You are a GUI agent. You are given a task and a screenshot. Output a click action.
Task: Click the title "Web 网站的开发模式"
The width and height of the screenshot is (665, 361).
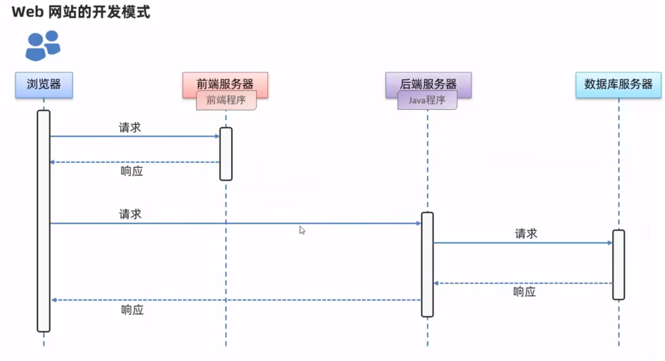pyautogui.click(x=81, y=12)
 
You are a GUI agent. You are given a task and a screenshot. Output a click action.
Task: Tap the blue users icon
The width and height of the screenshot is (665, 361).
pyautogui.click(x=42, y=45)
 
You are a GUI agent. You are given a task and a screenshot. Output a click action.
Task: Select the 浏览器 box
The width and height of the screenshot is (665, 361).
pyautogui.click(x=44, y=84)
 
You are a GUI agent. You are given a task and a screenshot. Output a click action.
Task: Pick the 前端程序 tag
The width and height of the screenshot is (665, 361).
pyautogui.click(x=226, y=100)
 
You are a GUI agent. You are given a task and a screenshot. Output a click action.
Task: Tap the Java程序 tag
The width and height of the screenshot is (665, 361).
pyautogui.click(x=427, y=100)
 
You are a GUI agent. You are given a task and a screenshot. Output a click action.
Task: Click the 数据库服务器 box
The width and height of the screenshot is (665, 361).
pyautogui.click(x=618, y=84)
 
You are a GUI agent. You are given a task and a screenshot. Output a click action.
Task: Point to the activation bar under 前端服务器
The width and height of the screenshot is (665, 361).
pyautogui.click(x=226, y=154)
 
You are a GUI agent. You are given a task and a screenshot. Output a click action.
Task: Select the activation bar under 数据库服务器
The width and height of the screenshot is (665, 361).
pyautogui.click(x=618, y=264)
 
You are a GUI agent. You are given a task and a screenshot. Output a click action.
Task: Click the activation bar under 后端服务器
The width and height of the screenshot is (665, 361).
pyautogui.click(x=427, y=264)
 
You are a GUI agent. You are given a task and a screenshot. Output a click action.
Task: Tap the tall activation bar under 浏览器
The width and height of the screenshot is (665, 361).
pyautogui.click(x=44, y=221)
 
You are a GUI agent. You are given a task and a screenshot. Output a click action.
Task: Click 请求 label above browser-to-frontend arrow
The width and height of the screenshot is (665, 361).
pyautogui.click(x=130, y=127)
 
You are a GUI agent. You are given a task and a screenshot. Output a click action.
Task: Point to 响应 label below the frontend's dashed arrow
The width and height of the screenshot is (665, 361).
pyautogui.click(x=132, y=171)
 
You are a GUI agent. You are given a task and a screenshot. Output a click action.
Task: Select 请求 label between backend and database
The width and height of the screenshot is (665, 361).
pyautogui.click(x=526, y=234)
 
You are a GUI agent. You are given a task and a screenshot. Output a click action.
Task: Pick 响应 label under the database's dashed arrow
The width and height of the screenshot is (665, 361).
pyautogui.click(x=525, y=292)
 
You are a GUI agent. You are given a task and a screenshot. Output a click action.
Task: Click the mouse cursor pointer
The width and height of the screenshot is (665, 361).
pyautogui.click(x=302, y=230)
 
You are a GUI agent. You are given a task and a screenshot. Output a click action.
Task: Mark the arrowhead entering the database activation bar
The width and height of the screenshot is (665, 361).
pyautogui.click(x=610, y=243)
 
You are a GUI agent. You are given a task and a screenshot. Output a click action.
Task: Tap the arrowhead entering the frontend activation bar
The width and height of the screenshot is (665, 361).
pyautogui.click(x=217, y=136)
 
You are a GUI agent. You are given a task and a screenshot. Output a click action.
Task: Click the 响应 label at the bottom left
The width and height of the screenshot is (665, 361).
pyautogui.click(x=132, y=310)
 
